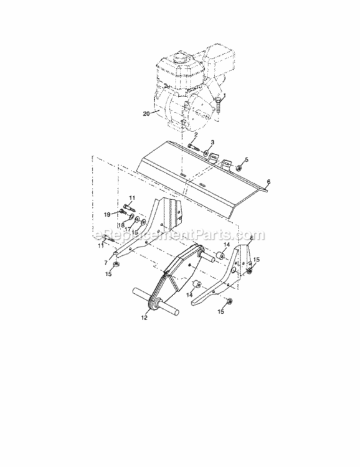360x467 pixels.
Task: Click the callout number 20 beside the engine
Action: pyautogui.click(x=146, y=114)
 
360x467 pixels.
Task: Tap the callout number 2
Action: pyautogui.click(x=196, y=135)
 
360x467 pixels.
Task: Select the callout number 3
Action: pyautogui.click(x=212, y=143)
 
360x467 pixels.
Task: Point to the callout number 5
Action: pyautogui.click(x=246, y=160)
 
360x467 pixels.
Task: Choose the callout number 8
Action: pyautogui.click(x=250, y=238)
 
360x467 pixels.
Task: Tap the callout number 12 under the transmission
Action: pyautogui.click(x=144, y=318)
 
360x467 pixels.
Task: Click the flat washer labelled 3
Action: pyautogui.click(x=206, y=151)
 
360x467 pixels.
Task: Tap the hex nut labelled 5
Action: pyautogui.click(x=238, y=167)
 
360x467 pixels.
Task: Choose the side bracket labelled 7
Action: pyautogui.click(x=156, y=224)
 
